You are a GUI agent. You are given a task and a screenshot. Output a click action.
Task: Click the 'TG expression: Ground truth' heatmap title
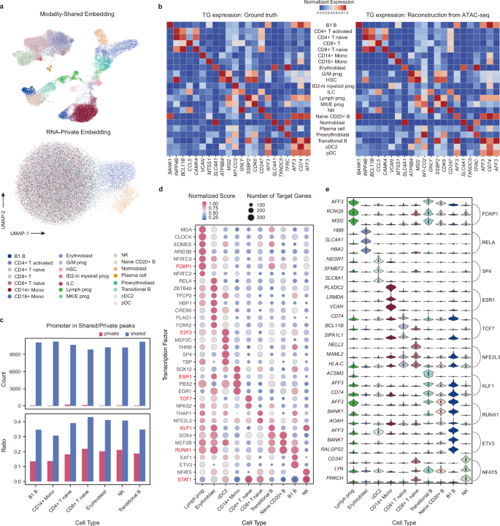(231, 14)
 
